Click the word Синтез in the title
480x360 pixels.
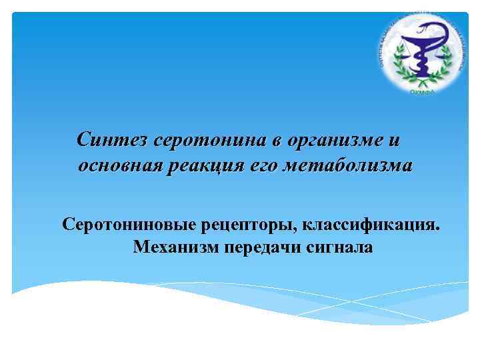coord(112,141)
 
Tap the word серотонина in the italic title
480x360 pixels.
coord(210,141)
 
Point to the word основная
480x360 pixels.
coord(121,165)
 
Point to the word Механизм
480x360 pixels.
coord(175,247)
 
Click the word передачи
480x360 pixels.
coord(262,247)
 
